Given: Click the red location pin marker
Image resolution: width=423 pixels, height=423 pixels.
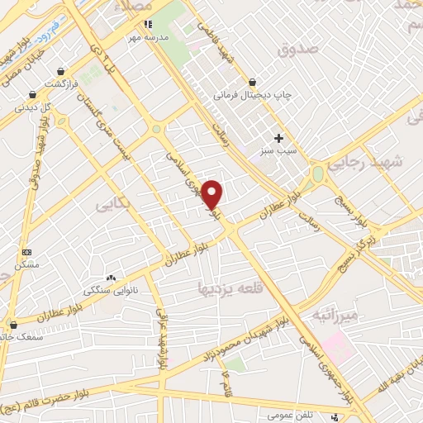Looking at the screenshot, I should pos(212,194).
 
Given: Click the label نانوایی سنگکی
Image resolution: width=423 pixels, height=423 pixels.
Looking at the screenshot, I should pos(106,291).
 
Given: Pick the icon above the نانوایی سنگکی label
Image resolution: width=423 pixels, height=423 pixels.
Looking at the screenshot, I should pos(112,278).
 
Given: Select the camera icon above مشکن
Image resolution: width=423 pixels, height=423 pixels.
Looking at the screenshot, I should pos(26,251).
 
